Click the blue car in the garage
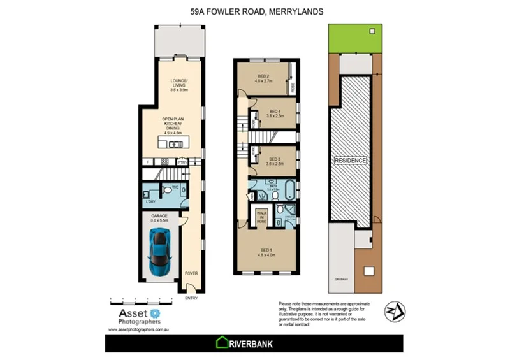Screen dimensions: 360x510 tap(159, 250)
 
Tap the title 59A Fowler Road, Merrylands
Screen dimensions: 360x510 tap(255, 11)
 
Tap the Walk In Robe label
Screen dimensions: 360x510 tap(261, 216)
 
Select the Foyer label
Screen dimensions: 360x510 tap(191, 273)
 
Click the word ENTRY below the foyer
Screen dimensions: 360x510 tap(191, 298)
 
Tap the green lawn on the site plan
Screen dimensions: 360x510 tap(355, 38)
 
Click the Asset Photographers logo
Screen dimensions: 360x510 tap(135, 316)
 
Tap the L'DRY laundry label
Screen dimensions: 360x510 tap(151, 202)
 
